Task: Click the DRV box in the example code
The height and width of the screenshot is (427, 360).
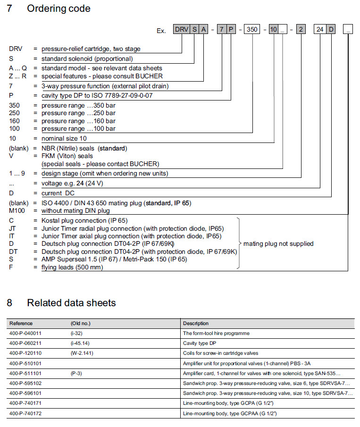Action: point(181,30)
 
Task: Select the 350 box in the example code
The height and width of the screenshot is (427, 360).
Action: point(252,30)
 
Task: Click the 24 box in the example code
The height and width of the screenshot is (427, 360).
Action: point(320,30)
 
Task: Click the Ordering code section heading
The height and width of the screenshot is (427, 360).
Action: point(59,8)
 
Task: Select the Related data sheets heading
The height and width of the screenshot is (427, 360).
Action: point(71,303)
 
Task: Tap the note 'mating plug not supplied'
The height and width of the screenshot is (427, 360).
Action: point(278,244)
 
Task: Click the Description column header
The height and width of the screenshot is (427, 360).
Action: point(196,324)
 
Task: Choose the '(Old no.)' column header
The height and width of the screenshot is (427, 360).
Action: point(80,324)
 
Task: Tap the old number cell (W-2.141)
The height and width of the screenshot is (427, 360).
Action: point(82,353)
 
